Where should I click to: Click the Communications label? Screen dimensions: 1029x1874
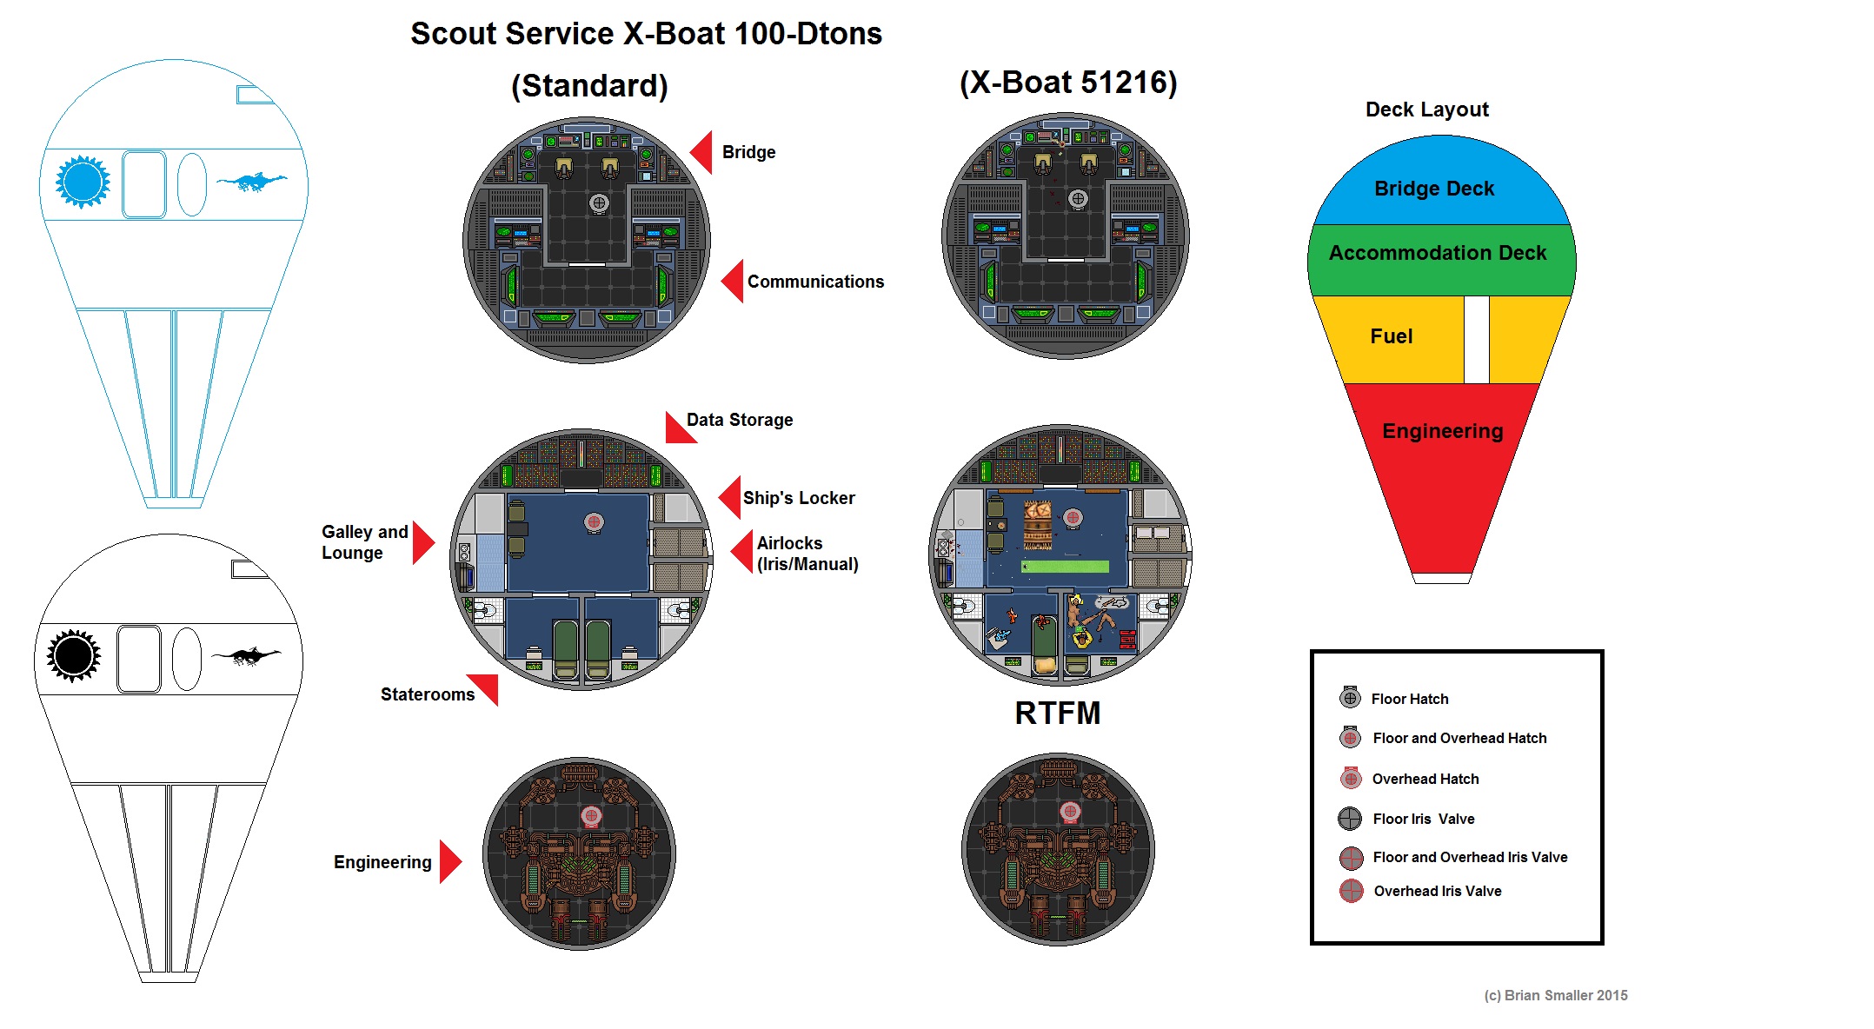point(815,282)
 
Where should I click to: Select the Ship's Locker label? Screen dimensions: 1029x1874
point(799,498)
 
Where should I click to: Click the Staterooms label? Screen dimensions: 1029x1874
point(428,694)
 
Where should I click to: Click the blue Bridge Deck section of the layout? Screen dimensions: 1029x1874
point(1434,189)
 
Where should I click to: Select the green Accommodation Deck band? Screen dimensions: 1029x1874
point(1438,253)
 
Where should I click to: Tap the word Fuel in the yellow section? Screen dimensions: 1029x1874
point(1392,336)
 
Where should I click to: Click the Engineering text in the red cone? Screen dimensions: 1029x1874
point(1443,431)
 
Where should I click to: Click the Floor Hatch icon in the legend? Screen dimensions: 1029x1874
point(1350,698)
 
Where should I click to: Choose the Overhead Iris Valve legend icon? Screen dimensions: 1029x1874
point(1352,891)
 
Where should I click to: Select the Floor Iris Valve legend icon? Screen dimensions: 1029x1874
point(1350,819)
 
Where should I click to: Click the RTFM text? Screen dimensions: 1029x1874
point(1058,714)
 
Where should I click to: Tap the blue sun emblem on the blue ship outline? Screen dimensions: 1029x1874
point(83,183)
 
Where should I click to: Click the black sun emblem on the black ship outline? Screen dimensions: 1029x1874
point(74,656)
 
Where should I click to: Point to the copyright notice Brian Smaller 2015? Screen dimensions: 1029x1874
point(1556,995)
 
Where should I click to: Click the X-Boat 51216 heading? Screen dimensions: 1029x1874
point(1068,83)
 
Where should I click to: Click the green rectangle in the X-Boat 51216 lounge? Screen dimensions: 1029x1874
point(1066,567)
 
